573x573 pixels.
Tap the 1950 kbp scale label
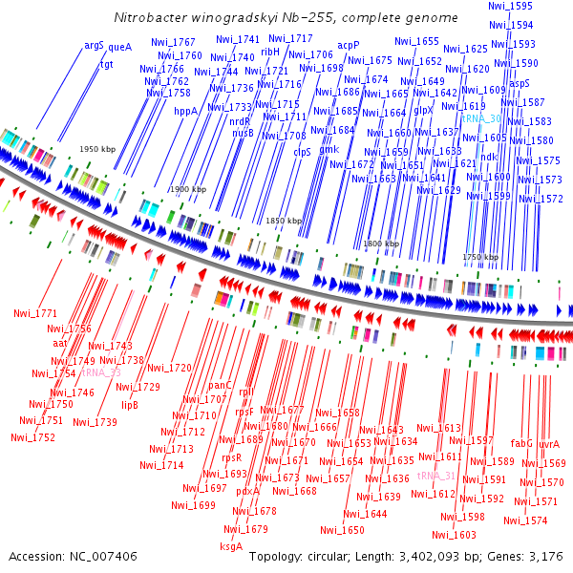95,150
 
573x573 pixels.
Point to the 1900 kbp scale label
187,190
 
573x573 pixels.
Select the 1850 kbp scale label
283,221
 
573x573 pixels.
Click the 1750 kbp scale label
479,257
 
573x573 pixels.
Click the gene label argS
94,45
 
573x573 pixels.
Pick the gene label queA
119,46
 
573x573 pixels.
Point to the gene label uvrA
549,444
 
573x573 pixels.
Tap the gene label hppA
186,111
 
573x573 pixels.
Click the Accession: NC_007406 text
73,556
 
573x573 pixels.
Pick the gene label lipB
129,404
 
